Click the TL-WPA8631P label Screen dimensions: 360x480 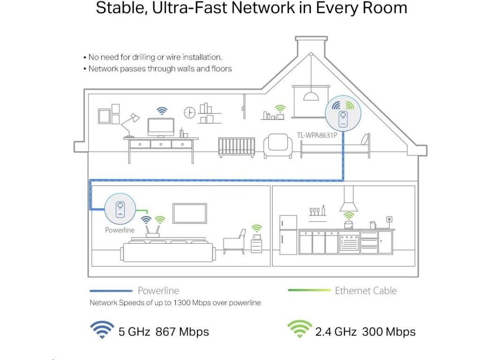[x=317, y=135]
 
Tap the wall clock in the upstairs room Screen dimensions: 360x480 [x=189, y=112]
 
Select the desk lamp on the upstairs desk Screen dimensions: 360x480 [x=130, y=123]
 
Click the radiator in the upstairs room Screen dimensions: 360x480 [x=237, y=147]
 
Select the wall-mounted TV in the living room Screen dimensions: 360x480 [x=190, y=213]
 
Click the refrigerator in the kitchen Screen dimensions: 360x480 [x=288, y=234]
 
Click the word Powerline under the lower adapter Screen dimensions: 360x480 [x=120, y=230]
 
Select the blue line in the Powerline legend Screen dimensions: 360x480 [x=111, y=291]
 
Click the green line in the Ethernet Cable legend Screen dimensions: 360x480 [x=309, y=291]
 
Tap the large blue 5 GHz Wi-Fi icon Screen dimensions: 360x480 [x=102, y=330]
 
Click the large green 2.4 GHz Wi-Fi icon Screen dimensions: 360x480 [x=300, y=330]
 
